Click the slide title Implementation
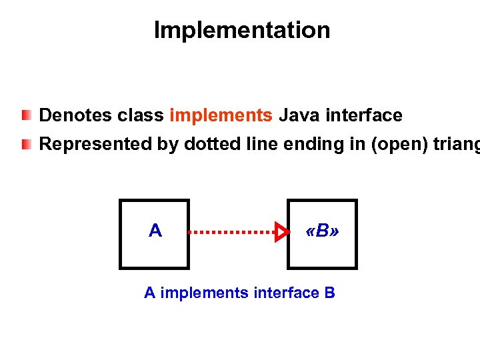point(241,31)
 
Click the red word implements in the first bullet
point(221,116)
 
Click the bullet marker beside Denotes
point(25,116)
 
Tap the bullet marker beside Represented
point(25,144)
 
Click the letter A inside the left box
point(155,231)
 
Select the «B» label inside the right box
point(322,232)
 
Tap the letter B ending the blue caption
point(329,293)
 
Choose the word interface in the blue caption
point(286,293)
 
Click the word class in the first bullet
point(141,116)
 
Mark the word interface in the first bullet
point(364,116)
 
